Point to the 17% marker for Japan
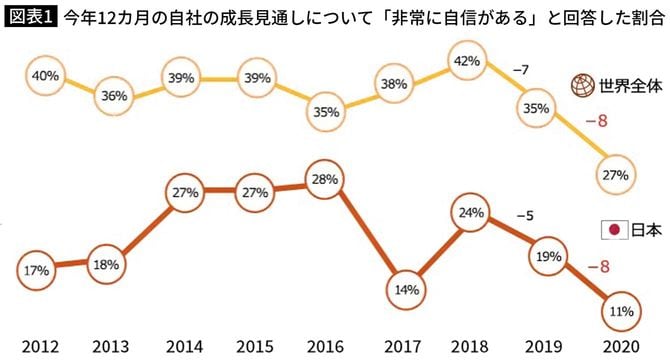36,270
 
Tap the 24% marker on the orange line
469,212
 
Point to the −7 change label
520,69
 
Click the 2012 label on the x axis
37,345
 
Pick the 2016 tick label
324,345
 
